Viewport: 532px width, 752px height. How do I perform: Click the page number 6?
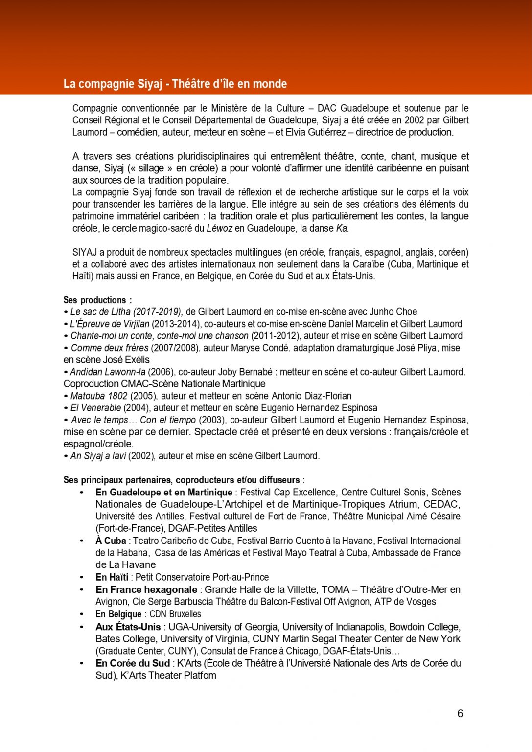pos(460,713)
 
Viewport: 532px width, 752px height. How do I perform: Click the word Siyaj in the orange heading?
pos(150,84)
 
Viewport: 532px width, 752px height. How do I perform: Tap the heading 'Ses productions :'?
pos(97,300)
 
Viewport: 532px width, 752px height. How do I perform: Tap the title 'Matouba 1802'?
pos(99,396)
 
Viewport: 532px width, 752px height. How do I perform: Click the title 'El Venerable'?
pos(95,408)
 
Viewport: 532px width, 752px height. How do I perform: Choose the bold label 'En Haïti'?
pos(112,577)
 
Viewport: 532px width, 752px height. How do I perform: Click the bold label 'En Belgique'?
pos(118,614)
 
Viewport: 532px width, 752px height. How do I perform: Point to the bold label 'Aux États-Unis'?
pos(128,627)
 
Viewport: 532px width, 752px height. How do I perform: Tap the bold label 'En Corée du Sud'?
pos(133,663)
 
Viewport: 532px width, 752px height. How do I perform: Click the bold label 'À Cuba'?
pos(111,540)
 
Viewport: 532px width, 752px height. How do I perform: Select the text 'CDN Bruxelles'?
pos(175,614)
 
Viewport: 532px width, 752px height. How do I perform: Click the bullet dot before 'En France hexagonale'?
pos(82,589)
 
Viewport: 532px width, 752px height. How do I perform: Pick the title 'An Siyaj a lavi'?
pos(98,456)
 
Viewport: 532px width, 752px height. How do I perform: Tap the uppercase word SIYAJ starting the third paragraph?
pos(85,252)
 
